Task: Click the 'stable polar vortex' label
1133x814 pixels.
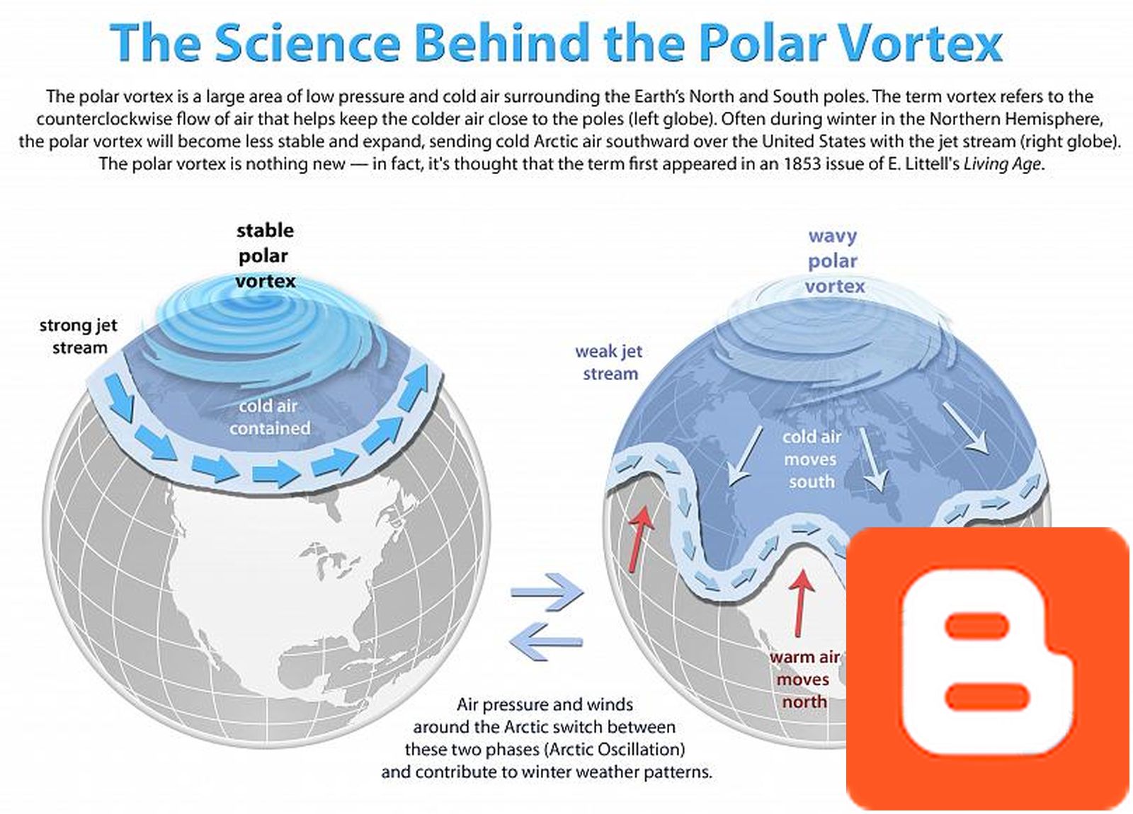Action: tap(265, 256)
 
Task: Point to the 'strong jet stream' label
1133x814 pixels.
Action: tap(78, 336)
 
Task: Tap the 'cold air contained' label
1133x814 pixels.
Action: tap(268, 417)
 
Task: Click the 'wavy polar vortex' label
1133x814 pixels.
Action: tap(833, 260)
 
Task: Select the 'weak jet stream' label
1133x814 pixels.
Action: tap(609, 362)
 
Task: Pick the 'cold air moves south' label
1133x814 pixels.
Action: tap(812, 459)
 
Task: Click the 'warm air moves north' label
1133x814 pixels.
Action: tap(804, 680)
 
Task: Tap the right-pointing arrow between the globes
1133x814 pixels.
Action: tap(547, 592)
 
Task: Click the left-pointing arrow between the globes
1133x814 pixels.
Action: tap(545, 641)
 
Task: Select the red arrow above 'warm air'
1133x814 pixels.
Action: tap(802, 602)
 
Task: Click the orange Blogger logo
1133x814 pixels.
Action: tap(988, 669)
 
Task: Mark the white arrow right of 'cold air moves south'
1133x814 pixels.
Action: tap(967, 428)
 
